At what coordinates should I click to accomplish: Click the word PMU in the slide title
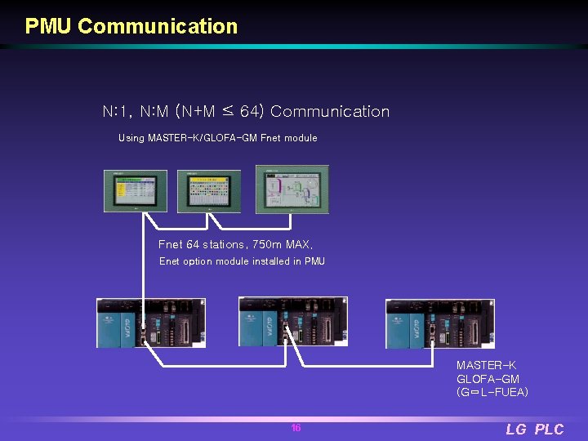pyautogui.click(x=49, y=26)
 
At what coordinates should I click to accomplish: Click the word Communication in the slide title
pyautogui.click(x=158, y=26)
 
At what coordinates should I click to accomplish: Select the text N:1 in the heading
pyautogui.click(x=116, y=111)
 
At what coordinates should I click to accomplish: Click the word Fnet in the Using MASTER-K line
pyautogui.click(x=270, y=138)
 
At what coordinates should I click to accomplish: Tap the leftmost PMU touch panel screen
pyautogui.click(x=135, y=191)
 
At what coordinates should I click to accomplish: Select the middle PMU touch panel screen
pyautogui.click(x=210, y=191)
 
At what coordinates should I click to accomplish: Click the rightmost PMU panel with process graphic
pyautogui.click(x=292, y=189)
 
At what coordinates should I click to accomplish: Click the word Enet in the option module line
pyautogui.click(x=169, y=261)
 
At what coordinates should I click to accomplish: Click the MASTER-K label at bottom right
pyautogui.click(x=486, y=365)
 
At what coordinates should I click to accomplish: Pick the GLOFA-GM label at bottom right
pyautogui.click(x=488, y=379)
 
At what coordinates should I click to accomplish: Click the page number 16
pyautogui.click(x=296, y=428)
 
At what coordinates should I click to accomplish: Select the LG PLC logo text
pyautogui.click(x=534, y=430)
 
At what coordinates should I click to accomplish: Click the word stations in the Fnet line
pyautogui.click(x=224, y=244)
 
